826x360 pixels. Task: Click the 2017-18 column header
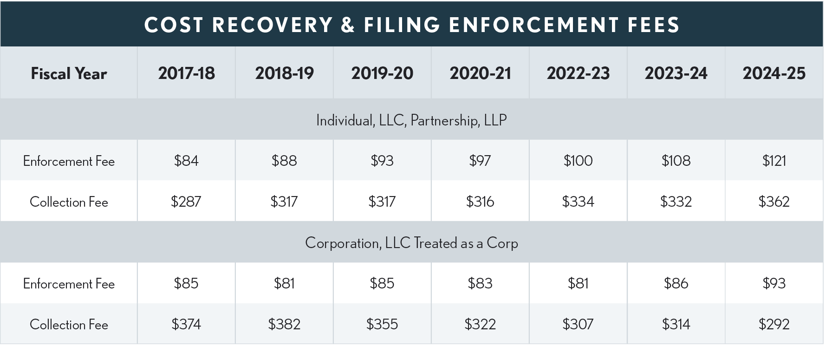[x=186, y=73]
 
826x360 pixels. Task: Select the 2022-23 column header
[x=578, y=73]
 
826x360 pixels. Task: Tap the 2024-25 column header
[x=774, y=73]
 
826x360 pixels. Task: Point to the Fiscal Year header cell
[x=69, y=73]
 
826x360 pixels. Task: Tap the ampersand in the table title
[x=348, y=25]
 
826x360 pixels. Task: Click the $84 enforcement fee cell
[x=186, y=161]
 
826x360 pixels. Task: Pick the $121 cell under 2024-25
[x=774, y=161]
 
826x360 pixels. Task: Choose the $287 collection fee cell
[x=186, y=202]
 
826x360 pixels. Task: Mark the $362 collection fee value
[x=774, y=202]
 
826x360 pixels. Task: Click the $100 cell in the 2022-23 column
[x=578, y=161]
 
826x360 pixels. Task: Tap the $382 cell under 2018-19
[x=284, y=324]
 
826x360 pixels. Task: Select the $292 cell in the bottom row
[x=774, y=324]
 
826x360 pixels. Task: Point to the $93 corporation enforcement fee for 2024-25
[x=774, y=283]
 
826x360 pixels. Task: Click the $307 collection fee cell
[x=578, y=324]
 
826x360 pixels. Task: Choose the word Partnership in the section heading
[x=444, y=121]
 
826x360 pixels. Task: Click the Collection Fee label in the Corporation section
[x=69, y=325]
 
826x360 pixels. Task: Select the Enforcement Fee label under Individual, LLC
[x=69, y=161]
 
